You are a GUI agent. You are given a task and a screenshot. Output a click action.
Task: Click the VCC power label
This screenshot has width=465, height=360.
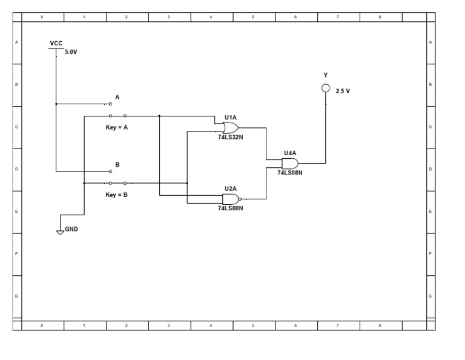(x=56, y=44)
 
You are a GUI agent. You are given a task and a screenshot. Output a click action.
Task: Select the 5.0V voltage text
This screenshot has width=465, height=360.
(x=71, y=52)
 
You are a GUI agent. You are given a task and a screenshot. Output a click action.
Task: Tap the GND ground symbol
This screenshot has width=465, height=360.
(x=59, y=232)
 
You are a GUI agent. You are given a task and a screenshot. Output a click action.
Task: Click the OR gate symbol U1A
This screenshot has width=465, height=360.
(x=231, y=128)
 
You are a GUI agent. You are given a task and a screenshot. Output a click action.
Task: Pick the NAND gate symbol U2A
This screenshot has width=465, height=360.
(x=231, y=199)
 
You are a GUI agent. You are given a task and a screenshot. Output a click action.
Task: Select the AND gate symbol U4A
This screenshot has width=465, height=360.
(x=290, y=164)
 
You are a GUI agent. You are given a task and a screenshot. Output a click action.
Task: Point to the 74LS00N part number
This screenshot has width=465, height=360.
(x=230, y=208)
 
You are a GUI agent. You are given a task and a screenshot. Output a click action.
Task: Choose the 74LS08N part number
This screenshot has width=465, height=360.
(x=289, y=173)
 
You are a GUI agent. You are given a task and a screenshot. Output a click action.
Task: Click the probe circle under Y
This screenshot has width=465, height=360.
(x=326, y=88)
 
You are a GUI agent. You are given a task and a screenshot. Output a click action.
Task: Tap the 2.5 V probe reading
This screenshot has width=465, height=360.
(x=343, y=91)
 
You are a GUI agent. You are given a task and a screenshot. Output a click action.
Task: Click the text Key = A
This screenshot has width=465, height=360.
(x=117, y=127)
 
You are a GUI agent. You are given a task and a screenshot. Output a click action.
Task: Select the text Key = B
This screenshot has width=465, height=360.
(x=117, y=195)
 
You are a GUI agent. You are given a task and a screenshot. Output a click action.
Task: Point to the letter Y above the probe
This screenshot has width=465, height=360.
(x=326, y=75)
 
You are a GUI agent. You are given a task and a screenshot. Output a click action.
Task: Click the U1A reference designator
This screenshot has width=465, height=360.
(x=230, y=117)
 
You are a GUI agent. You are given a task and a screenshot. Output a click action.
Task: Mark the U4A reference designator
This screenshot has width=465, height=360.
(x=289, y=153)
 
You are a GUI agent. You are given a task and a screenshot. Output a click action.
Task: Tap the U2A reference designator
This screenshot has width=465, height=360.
(x=230, y=188)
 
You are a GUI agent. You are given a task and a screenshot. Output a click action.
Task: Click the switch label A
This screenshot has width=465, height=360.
(x=117, y=97)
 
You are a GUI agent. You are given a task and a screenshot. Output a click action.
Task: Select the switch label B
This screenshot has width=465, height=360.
(x=117, y=164)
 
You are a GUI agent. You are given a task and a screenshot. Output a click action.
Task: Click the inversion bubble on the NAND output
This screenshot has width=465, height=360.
(x=240, y=199)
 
